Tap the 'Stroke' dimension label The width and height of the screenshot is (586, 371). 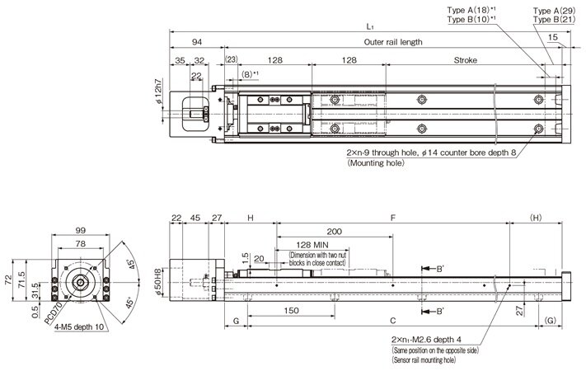pyautogui.click(x=466, y=60)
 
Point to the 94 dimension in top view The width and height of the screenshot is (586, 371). pyautogui.click(x=197, y=42)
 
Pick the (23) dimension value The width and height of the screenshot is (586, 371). pyautogui.click(x=231, y=60)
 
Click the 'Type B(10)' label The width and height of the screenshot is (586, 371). pyautogui.click(x=471, y=19)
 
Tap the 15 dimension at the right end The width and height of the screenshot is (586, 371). pyautogui.click(x=551, y=37)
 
